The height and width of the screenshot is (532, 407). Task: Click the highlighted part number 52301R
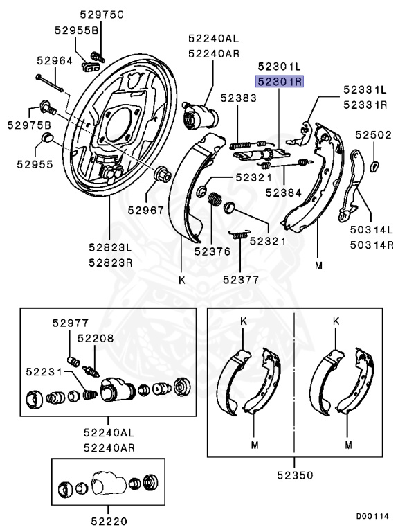point(280,82)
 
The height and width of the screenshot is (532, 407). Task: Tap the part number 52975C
point(102,15)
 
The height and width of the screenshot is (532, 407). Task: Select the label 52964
point(55,61)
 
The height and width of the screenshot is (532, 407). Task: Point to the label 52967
point(146,211)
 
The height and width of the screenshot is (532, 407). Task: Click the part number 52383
point(239,98)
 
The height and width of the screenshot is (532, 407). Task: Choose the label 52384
point(284,193)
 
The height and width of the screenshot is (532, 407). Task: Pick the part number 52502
point(373,135)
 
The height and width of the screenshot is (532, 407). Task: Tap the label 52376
point(212,251)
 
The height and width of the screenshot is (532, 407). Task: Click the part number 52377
point(241,280)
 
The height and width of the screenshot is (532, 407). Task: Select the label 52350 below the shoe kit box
point(295,475)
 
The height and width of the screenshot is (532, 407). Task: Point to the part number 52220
point(109,521)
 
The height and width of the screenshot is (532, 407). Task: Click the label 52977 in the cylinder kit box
point(71,323)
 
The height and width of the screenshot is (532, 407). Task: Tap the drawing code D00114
point(372,516)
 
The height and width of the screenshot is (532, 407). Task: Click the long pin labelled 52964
point(50,83)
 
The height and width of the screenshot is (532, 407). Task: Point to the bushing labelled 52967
point(163,174)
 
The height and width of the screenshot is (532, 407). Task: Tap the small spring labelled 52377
point(239,234)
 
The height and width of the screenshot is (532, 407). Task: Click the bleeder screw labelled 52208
point(91,371)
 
